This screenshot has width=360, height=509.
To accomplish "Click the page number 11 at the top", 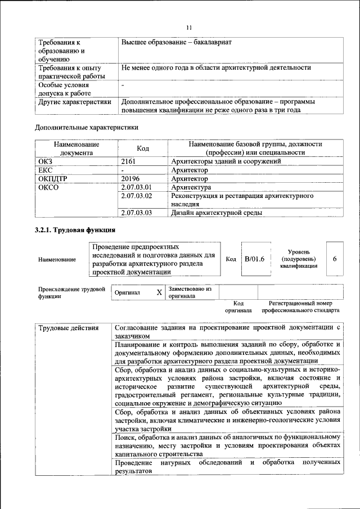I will (189, 27).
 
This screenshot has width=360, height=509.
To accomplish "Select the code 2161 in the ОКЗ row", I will (129, 161).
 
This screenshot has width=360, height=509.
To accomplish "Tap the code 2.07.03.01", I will (137, 187).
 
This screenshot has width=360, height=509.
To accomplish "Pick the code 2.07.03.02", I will (137, 196).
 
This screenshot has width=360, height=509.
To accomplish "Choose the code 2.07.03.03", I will (137, 213).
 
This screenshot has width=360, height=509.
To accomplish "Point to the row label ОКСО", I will (48, 187).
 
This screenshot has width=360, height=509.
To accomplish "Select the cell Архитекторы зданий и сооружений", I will (226, 161).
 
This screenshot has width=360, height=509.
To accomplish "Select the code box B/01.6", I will (254, 259).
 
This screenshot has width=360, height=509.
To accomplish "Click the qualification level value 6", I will (335, 259).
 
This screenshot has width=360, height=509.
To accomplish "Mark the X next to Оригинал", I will (159, 292).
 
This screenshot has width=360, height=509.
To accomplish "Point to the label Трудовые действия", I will (67, 328).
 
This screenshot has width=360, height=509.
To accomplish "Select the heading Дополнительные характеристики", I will (87, 127).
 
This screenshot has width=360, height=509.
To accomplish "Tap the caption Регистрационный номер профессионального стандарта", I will (300, 307).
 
